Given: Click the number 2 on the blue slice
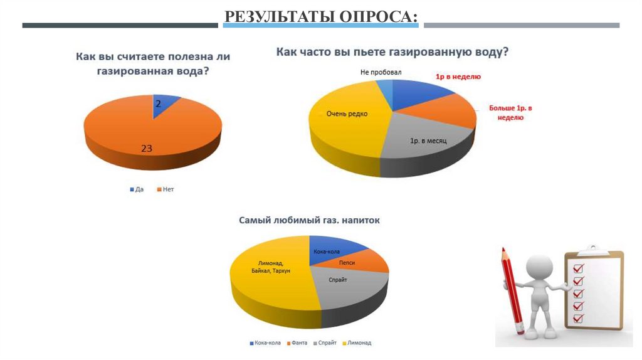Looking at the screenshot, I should [158, 104].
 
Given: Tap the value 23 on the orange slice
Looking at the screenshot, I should [147, 149].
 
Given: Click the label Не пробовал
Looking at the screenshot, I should [381, 72].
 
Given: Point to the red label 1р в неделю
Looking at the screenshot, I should [458, 77].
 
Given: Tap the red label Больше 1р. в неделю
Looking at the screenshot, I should [510, 112].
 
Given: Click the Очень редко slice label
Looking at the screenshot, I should [347, 114].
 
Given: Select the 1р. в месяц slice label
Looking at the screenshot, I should [428, 140].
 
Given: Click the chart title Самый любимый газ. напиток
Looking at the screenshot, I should [309, 221].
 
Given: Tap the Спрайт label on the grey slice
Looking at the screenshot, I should [338, 280].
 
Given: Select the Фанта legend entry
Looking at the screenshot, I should [298, 343].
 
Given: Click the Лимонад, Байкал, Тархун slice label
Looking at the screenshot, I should [270, 267].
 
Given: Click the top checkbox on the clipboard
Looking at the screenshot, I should [579, 268].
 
